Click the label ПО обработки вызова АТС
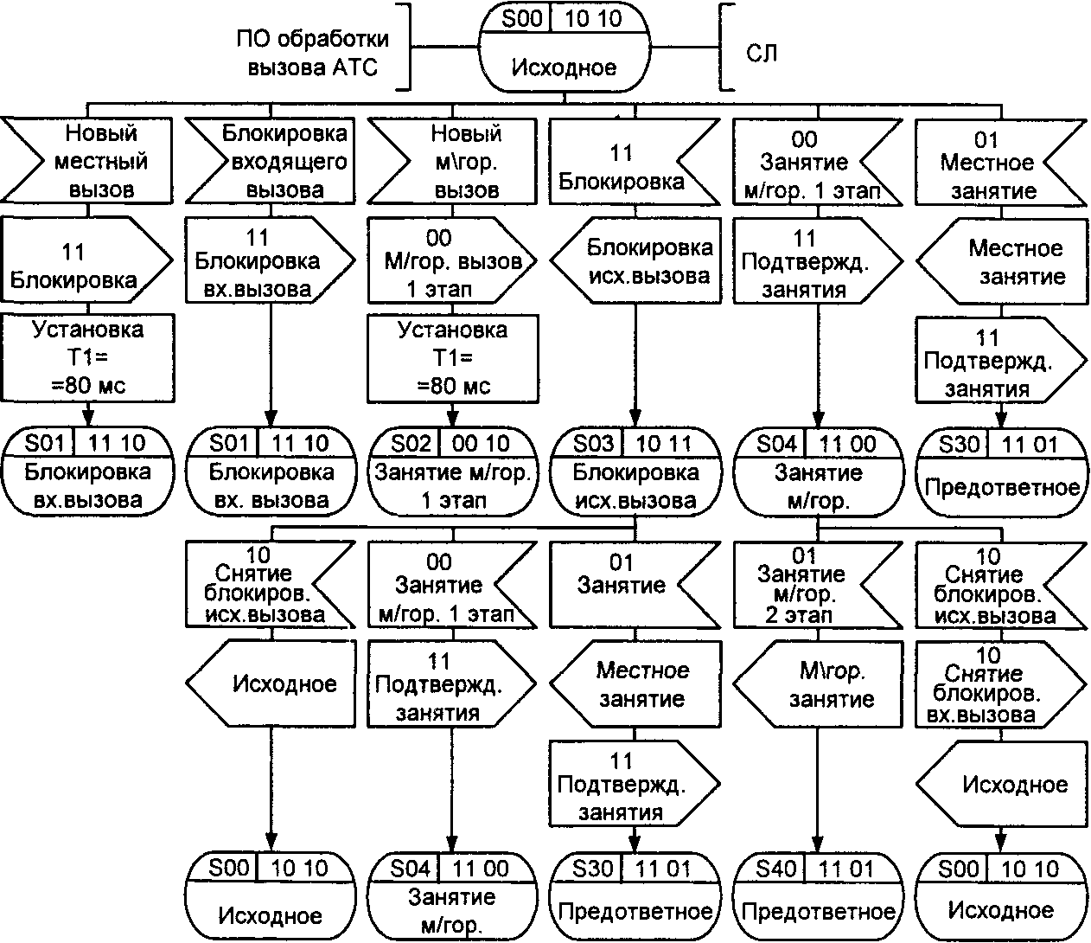click(x=313, y=54)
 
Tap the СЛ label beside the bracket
click(x=762, y=54)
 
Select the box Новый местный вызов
click(x=86, y=161)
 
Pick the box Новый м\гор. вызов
click(x=453, y=161)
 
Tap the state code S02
click(x=411, y=444)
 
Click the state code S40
click(x=775, y=868)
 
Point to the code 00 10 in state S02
click(x=482, y=444)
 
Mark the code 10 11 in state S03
click(x=664, y=444)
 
